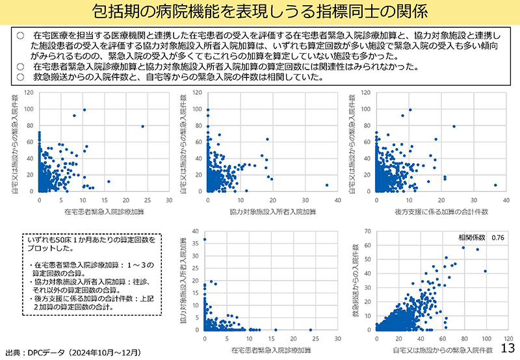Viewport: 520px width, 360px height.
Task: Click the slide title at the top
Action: pyautogui.click(x=260, y=12)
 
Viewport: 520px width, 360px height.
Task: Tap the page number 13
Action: pyautogui.click(x=509, y=348)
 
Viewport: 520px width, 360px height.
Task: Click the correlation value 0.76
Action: pyautogui.click(x=499, y=237)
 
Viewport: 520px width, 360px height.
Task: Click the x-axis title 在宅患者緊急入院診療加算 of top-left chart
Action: pyautogui.click(x=104, y=212)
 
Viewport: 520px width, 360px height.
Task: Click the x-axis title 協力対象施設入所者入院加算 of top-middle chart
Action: pyautogui.click(x=272, y=212)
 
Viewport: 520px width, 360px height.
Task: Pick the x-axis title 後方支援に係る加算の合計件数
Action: pyautogui.click(x=441, y=212)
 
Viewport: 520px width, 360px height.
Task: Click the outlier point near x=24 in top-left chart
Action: pyautogui.click(x=142, y=126)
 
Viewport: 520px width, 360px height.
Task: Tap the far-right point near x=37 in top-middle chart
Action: pyautogui.click(x=327, y=185)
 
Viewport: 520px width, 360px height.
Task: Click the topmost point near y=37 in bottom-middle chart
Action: pyautogui.click(x=205, y=239)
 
